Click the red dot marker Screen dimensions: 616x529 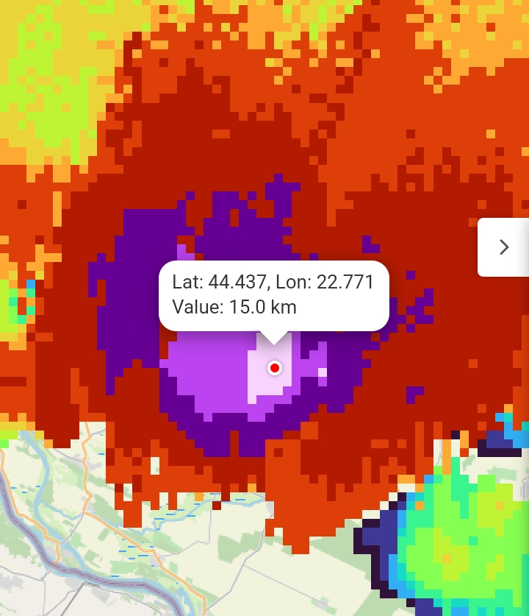point(275,367)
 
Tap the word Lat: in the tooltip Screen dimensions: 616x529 point(187,282)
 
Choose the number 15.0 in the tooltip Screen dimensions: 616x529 point(243,307)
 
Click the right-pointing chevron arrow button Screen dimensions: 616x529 point(504,247)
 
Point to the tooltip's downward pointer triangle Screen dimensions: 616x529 point(274,337)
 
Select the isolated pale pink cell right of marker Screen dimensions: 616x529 point(322,372)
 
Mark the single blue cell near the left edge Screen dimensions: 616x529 point(30,285)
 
